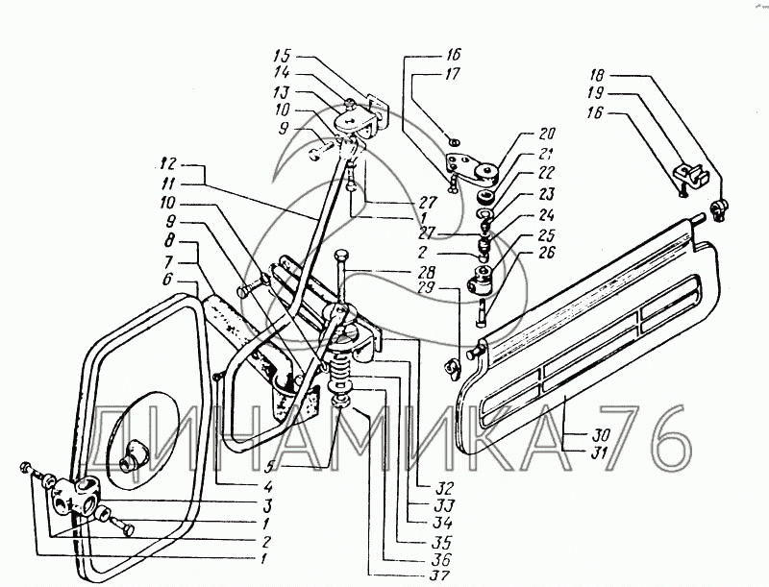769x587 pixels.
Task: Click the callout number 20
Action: click(548, 134)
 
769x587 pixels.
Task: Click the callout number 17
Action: click(453, 73)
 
